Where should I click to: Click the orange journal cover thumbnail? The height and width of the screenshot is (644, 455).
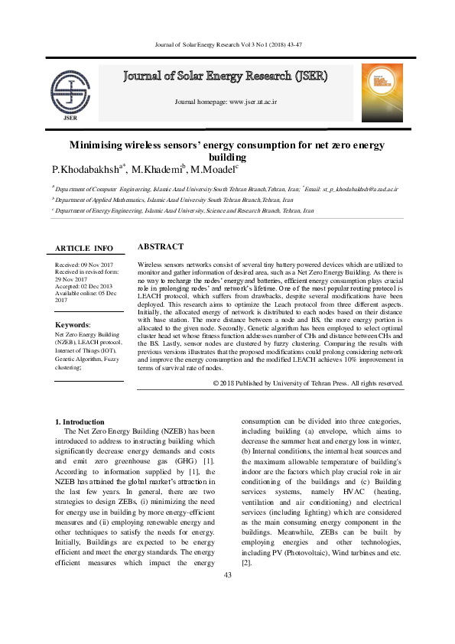tap(382, 93)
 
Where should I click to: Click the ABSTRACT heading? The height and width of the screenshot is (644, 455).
tap(160, 247)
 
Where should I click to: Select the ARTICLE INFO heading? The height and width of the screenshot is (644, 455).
tap(84, 249)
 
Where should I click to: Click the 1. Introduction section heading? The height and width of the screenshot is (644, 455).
tap(80, 422)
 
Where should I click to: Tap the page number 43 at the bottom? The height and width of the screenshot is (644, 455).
tap(227, 576)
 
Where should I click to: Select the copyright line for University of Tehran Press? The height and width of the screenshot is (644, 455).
tap(308, 382)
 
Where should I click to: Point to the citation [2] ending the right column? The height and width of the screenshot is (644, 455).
tap(246, 563)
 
